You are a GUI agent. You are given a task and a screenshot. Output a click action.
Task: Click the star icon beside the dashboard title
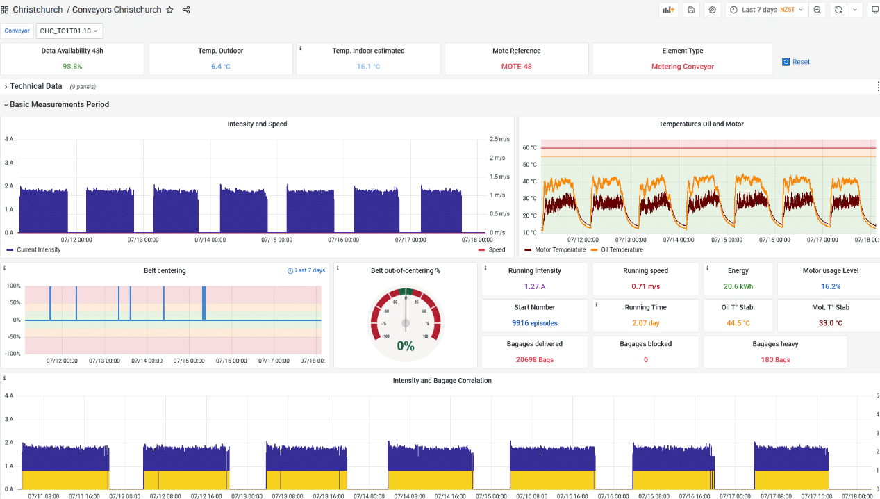pos(170,10)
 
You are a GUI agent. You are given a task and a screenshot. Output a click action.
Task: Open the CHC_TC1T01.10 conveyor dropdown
pos(69,31)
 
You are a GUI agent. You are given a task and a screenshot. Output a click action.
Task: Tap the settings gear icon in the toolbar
pos(712,10)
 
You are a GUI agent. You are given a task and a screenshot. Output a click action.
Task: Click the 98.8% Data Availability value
pos(72,67)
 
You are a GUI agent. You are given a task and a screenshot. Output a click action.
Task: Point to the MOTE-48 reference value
pos(516,67)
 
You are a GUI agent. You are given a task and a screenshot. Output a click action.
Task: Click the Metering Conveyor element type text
pos(682,67)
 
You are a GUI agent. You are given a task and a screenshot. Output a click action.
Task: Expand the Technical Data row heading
pos(35,86)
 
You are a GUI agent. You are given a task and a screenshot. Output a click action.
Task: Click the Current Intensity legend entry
pos(38,250)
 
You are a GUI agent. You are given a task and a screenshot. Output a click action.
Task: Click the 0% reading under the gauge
pos(406,345)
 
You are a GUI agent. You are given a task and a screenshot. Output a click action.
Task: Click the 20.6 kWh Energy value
pos(738,286)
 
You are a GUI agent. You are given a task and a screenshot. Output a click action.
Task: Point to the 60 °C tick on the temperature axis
pos(529,148)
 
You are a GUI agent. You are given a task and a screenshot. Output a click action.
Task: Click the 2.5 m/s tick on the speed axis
pos(499,139)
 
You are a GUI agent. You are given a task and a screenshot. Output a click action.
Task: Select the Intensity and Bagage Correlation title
pos(442,381)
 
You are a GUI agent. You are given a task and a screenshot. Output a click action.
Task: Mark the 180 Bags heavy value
pos(775,360)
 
